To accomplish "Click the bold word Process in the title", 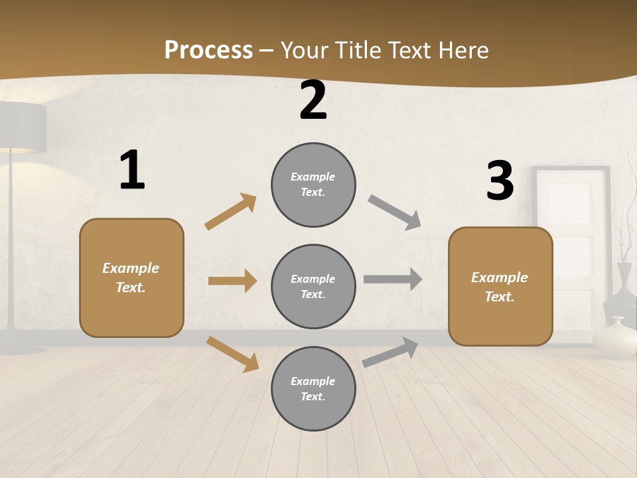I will [208, 50].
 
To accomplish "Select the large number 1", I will [132, 171].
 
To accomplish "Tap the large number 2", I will [313, 101].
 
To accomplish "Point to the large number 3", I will [500, 181].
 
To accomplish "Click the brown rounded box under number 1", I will [131, 278].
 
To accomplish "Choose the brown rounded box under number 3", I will [500, 287].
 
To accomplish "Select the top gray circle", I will [313, 185].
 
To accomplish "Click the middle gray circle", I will [313, 287].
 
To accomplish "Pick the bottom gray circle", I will [313, 389].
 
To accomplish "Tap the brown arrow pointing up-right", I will [231, 212].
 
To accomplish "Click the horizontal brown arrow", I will [232, 281].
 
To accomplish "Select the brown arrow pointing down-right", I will [233, 354].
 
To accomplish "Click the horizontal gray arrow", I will [393, 279].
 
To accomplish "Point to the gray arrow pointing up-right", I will [391, 352].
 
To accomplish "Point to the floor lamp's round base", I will [20, 349].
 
